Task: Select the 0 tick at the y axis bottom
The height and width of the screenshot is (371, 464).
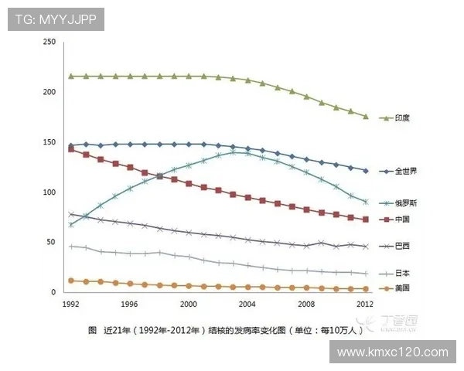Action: [53, 292]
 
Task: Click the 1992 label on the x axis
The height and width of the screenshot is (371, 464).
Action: [71, 304]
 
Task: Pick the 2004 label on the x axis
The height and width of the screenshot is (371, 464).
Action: [247, 304]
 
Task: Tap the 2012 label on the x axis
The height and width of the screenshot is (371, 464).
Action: [365, 304]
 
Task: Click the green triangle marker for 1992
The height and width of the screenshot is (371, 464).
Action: [71, 77]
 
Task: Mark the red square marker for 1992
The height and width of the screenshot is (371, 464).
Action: [71, 148]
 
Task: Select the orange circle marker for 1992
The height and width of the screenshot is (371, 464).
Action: [71, 281]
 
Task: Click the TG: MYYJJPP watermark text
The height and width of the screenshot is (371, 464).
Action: [56, 19]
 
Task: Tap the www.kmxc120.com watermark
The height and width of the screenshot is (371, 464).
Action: [394, 352]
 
